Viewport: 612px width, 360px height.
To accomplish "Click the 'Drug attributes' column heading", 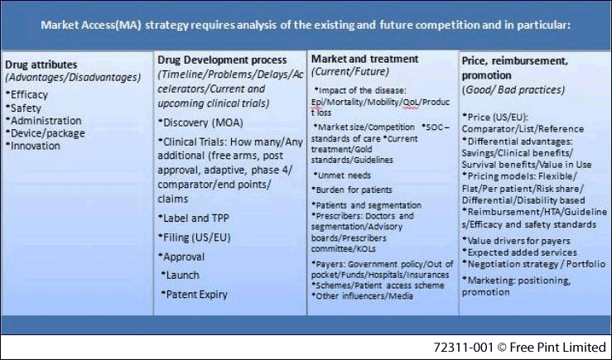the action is pyautogui.click(x=41, y=65).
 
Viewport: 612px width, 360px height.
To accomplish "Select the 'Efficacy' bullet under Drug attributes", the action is pyautogui.click(x=27, y=95).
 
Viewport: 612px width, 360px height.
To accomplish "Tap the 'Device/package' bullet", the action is pyautogui.click(x=46, y=133).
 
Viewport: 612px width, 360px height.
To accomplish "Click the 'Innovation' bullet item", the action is pyautogui.click(x=33, y=146).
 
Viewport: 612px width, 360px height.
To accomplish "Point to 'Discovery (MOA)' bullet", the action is pyautogui.click(x=200, y=122).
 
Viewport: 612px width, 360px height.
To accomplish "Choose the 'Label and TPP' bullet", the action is pyautogui.click(x=194, y=218).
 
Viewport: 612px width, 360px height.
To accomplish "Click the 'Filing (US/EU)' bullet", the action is pyautogui.click(x=195, y=238).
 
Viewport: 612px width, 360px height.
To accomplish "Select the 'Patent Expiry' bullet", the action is pyautogui.click(x=195, y=294).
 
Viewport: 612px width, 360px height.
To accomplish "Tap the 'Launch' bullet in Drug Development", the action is pyautogui.click(x=181, y=275).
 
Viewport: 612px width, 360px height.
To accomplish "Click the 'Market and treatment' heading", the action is pyautogui.click(x=364, y=59).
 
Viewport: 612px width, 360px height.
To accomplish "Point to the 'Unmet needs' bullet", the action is pyautogui.click(x=342, y=175).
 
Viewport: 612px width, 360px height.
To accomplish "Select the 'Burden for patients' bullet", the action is pyautogui.click(x=352, y=190).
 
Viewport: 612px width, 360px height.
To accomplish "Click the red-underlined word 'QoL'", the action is pyautogui.click(x=411, y=102).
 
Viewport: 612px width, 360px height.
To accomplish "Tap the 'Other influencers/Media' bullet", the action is pyautogui.click(x=362, y=296).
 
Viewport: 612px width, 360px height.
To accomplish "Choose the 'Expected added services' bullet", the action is pyautogui.click(x=519, y=252).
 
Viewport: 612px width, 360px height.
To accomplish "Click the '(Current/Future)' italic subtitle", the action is pyautogui.click(x=350, y=72).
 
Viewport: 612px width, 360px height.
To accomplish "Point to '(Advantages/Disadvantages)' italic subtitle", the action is pyautogui.click(x=73, y=77).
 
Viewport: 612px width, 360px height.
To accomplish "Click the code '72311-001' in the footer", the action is pyautogui.click(x=463, y=347).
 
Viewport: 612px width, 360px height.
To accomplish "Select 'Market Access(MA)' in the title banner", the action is pyautogui.click(x=91, y=25).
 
